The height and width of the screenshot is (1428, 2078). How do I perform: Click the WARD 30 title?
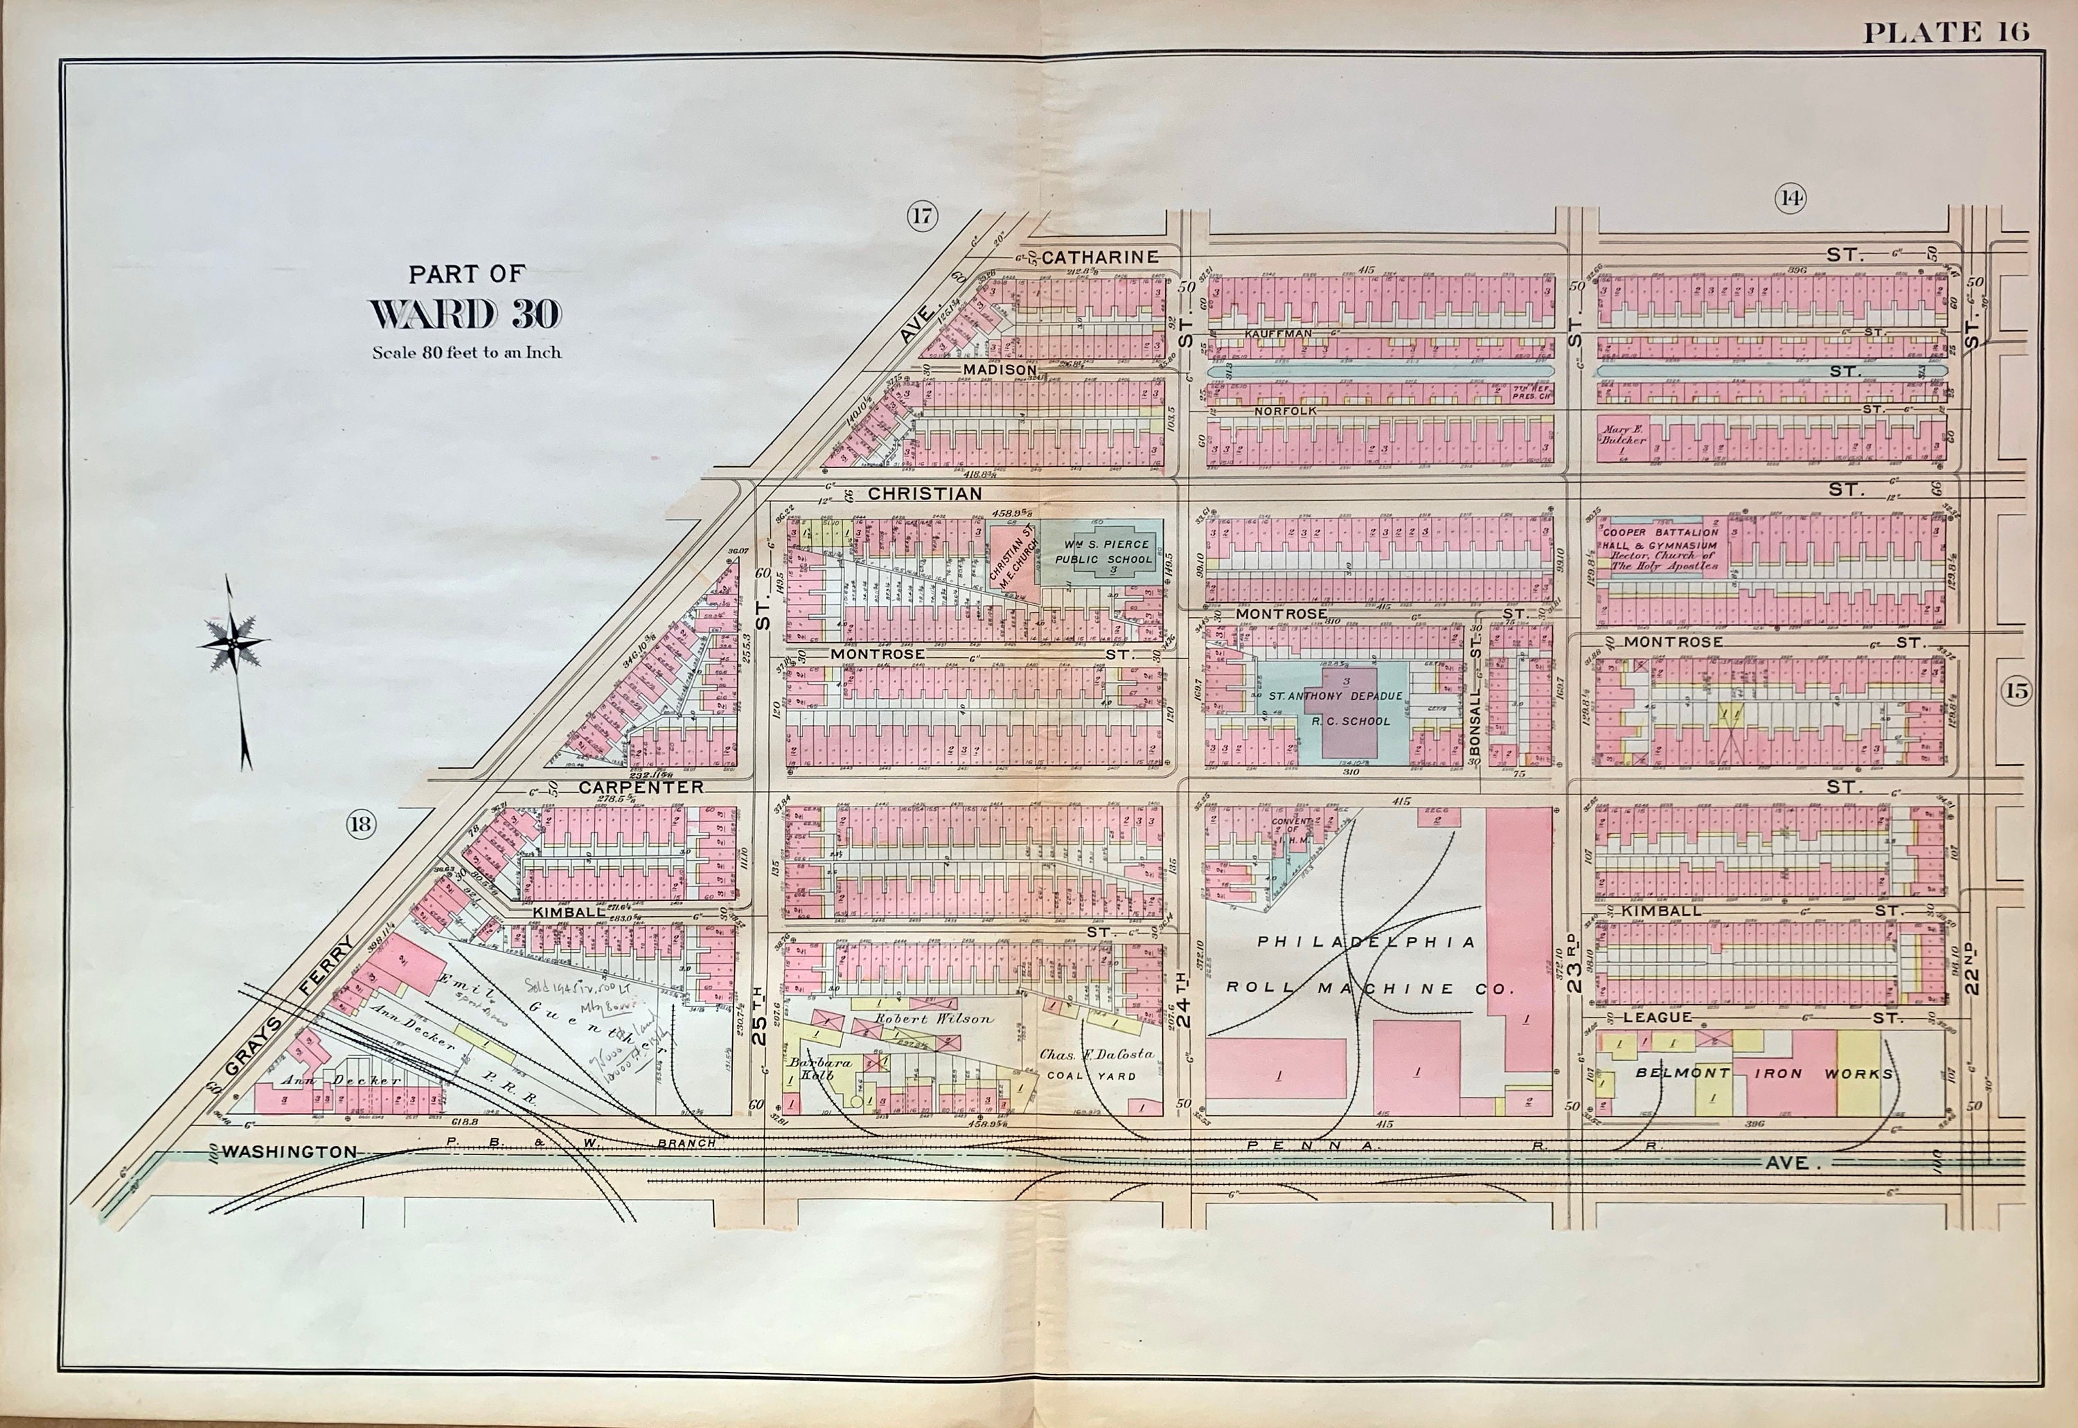click(x=465, y=314)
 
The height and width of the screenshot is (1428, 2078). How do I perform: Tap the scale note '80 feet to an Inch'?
click(x=467, y=352)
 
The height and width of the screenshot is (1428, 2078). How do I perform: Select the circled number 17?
click(x=922, y=215)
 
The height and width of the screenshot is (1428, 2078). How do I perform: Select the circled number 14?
click(x=1789, y=199)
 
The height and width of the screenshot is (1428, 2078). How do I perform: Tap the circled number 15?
click(x=2017, y=690)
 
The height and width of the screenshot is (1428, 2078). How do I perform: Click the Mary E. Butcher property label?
click(x=1624, y=435)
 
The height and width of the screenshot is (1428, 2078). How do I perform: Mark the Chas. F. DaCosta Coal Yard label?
click(x=1096, y=1064)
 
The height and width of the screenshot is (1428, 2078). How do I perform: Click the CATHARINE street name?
click(x=1100, y=258)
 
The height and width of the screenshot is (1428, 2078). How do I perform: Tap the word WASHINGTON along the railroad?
click(x=288, y=1152)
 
